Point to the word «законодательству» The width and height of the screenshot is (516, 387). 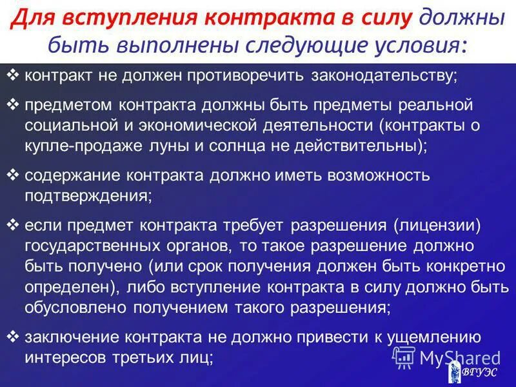pyautogui.click(x=384, y=75)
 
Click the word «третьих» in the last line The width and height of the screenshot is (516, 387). pyautogui.click(x=148, y=357)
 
